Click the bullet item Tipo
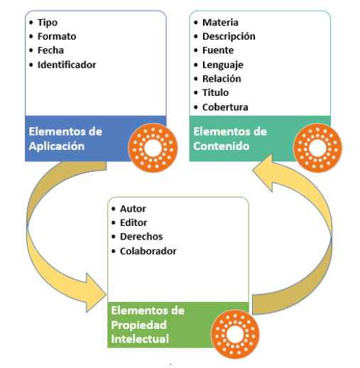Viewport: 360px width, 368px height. tap(48, 22)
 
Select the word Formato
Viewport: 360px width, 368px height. tap(57, 36)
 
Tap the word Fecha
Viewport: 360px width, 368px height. tap(51, 50)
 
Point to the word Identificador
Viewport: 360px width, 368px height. tap(67, 65)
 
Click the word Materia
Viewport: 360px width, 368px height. tap(220, 22)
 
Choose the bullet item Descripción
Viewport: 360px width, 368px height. tap(228, 36)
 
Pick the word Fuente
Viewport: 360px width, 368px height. tap(217, 50)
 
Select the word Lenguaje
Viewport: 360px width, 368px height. tap(222, 65)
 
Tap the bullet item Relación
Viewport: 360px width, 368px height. tap(221, 79)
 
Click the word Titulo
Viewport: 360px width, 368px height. tap(215, 93)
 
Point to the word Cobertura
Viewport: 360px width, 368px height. tap(224, 107)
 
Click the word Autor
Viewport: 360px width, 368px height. tap(133, 209)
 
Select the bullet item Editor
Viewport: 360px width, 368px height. tap(133, 223)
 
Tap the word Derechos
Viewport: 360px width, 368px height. tap(141, 237)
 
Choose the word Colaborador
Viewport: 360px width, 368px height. tap(148, 251)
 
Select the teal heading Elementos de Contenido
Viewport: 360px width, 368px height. tap(230, 139)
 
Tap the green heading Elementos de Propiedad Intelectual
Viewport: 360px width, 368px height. tap(148, 325)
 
